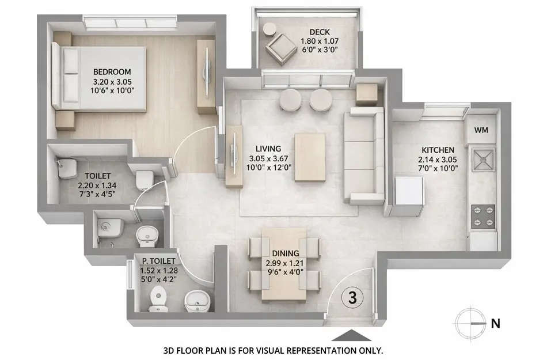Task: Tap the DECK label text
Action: click(318, 32)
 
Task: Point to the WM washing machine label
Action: click(481, 130)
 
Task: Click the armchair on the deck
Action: click(278, 44)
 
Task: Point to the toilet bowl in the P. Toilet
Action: click(157, 298)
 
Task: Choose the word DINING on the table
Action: click(286, 253)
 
